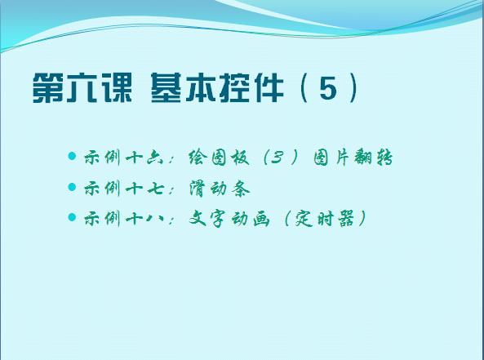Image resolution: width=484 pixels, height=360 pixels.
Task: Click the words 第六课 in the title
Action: (82, 88)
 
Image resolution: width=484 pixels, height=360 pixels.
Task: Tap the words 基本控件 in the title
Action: (217, 88)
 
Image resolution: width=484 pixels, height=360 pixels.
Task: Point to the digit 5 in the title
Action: (328, 89)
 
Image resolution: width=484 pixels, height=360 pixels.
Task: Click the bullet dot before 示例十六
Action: (72, 156)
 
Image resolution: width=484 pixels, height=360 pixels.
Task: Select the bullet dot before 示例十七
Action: (72, 187)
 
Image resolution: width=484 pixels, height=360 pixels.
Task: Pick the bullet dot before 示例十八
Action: (72, 217)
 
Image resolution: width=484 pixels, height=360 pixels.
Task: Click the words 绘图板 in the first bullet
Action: (219, 158)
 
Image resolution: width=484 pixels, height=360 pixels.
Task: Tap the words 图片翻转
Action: (353, 158)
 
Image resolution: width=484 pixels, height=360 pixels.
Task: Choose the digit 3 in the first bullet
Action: (278, 158)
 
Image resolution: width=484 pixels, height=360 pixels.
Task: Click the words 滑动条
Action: (220, 189)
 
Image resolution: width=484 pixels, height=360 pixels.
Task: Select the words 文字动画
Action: (229, 219)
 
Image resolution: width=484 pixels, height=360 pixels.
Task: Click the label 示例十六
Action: (123, 158)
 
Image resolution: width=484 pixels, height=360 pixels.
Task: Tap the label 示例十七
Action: (123, 189)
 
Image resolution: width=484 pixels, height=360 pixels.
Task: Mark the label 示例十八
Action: (123, 219)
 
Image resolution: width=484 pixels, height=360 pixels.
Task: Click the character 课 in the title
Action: (117, 88)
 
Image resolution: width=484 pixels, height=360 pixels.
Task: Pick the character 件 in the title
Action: (268, 88)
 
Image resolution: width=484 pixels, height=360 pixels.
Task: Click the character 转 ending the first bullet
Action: (384, 158)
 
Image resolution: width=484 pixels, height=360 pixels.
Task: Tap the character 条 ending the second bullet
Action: (241, 189)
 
